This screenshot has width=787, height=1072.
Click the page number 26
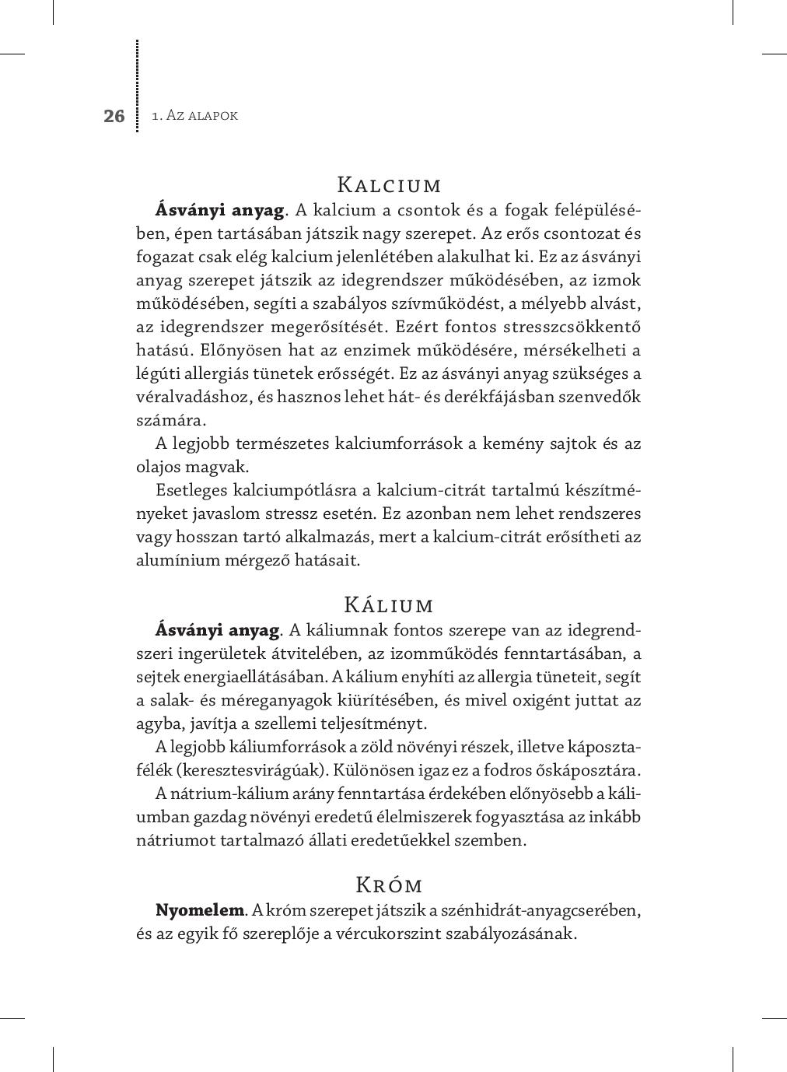coord(114,117)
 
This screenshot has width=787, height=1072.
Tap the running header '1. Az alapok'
coord(195,116)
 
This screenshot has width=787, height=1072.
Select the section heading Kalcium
coord(390,186)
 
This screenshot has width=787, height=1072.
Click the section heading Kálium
coord(389,605)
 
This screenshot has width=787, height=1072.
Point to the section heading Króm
coord(389,885)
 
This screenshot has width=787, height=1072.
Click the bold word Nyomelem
coord(200,910)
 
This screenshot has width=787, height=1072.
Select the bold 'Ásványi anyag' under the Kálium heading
coord(217,630)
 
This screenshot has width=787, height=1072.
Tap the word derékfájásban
coord(515,397)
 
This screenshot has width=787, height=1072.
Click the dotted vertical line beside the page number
coord(138,86)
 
